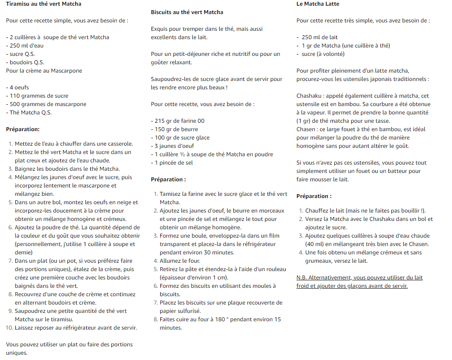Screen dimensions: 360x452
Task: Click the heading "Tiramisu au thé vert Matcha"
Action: coord(44,4)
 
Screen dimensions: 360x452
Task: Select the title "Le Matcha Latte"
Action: coord(318,4)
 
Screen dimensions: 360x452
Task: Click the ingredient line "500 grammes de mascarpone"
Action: coord(48,104)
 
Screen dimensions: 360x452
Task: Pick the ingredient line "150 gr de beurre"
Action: coord(176,129)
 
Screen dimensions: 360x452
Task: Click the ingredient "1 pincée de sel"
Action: coord(174,163)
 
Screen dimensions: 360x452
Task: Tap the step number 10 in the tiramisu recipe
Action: coord(9,328)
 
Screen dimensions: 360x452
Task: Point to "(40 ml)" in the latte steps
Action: coord(314,244)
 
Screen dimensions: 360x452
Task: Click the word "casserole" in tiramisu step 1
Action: coord(119,144)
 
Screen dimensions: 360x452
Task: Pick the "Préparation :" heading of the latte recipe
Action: coord(314,196)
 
